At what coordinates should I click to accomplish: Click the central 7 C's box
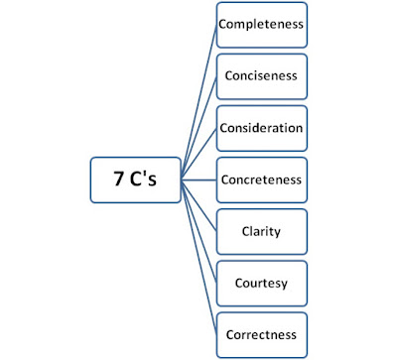point(136,180)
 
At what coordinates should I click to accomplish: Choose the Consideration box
point(262,129)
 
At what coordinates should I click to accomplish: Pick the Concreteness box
point(262,180)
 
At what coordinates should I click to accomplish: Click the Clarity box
point(262,232)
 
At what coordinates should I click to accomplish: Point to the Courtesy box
point(262,284)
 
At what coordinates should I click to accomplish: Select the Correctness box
point(262,334)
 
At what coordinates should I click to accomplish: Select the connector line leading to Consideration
point(199,155)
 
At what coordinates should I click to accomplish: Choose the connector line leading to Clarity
point(199,206)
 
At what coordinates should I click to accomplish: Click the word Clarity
point(262,232)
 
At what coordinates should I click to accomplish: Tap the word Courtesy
point(262,284)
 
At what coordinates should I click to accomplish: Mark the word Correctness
point(262,335)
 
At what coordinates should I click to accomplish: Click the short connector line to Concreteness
point(199,180)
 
